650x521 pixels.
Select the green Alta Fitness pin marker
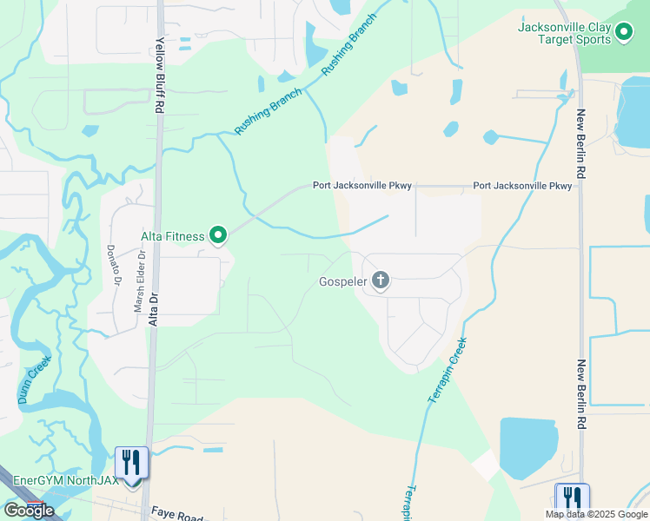click(217, 235)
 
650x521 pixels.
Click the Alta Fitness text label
click(172, 236)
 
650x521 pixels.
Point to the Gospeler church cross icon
click(380, 280)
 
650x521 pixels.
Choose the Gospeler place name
click(343, 281)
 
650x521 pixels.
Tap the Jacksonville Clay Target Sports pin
click(624, 34)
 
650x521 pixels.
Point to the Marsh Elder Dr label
click(137, 281)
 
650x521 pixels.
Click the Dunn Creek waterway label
click(35, 380)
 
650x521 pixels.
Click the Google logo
click(29, 511)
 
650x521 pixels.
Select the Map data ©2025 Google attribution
click(596, 514)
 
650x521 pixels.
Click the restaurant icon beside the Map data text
click(573, 498)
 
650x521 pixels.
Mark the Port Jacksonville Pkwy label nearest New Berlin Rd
click(522, 186)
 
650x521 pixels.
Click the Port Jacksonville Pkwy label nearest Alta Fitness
click(362, 186)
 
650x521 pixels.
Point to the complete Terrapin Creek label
click(448, 370)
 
